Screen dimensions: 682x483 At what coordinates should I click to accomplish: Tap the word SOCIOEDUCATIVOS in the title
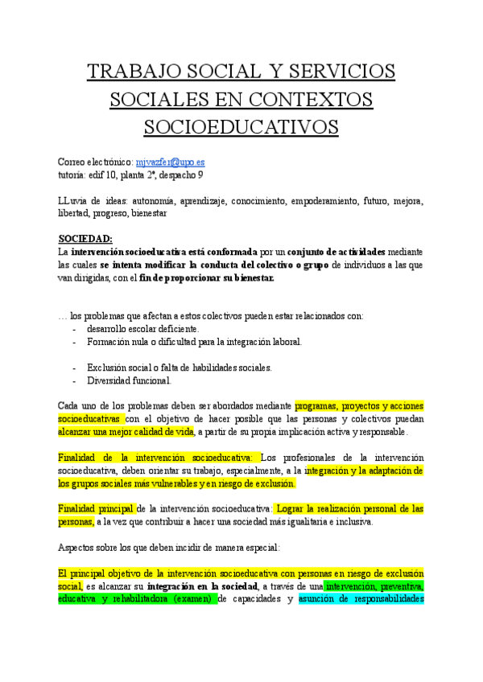pyautogui.click(x=241, y=127)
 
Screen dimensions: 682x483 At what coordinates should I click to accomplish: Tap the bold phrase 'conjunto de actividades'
pyautogui.click(x=337, y=252)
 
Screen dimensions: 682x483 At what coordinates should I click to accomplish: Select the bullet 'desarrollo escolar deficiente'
pyautogui.click(x=142, y=329)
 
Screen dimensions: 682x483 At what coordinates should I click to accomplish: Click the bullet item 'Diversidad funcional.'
pyautogui.click(x=129, y=381)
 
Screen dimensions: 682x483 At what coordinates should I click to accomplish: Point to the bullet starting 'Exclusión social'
pyautogui.click(x=180, y=368)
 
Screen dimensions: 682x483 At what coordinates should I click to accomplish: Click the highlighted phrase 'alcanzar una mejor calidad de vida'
pyautogui.click(x=126, y=432)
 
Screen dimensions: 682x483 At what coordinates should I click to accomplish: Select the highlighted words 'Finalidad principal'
pyautogui.click(x=96, y=509)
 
